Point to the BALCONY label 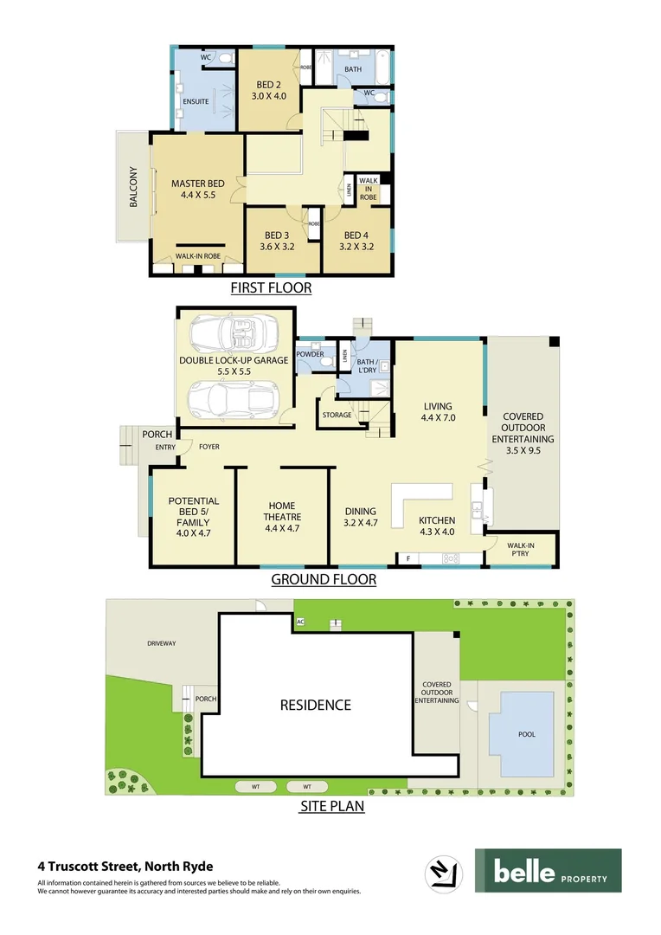133,187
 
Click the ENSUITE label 194,101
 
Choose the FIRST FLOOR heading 271,288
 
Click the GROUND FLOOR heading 324,579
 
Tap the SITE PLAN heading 331,806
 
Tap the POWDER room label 310,354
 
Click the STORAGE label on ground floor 337,416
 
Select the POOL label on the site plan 526,734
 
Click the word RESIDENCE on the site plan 315,705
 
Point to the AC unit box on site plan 300,622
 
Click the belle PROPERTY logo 548,870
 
